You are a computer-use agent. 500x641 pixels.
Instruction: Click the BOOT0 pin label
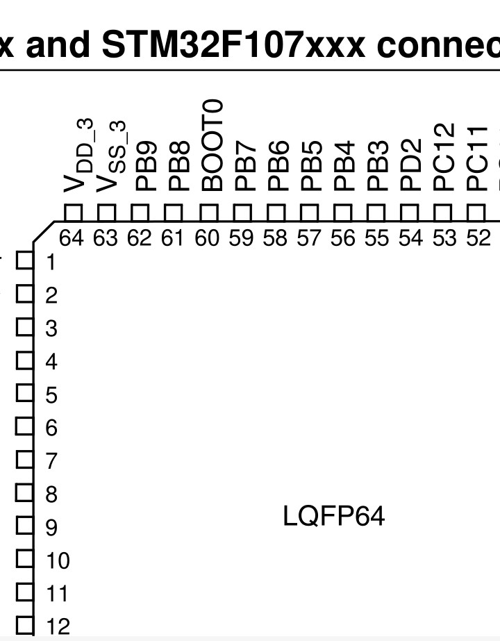click(x=212, y=146)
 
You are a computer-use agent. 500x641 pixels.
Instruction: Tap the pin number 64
click(x=71, y=238)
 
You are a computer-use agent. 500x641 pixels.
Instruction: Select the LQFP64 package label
click(x=333, y=516)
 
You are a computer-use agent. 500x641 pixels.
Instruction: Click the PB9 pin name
click(x=146, y=167)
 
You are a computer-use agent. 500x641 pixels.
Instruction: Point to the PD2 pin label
click(x=410, y=165)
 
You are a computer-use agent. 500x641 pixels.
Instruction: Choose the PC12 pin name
click(x=444, y=158)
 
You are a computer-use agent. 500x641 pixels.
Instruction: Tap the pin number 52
click(x=478, y=238)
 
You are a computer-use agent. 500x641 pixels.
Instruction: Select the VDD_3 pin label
click(x=79, y=156)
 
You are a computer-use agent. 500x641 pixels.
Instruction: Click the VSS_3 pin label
click(x=112, y=156)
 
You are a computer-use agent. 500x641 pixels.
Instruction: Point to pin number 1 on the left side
click(x=50, y=262)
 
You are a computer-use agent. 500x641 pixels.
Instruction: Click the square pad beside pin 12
click(x=24, y=626)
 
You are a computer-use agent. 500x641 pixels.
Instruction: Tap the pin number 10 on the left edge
click(x=58, y=560)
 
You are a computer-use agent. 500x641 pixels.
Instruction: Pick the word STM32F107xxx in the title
click(x=233, y=44)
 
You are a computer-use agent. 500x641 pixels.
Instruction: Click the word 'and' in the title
click(x=58, y=44)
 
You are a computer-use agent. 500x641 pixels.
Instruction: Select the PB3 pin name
click(x=377, y=167)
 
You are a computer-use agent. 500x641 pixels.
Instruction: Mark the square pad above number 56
click(x=342, y=213)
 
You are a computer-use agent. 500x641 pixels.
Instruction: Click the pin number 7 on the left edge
click(x=51, y=461)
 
